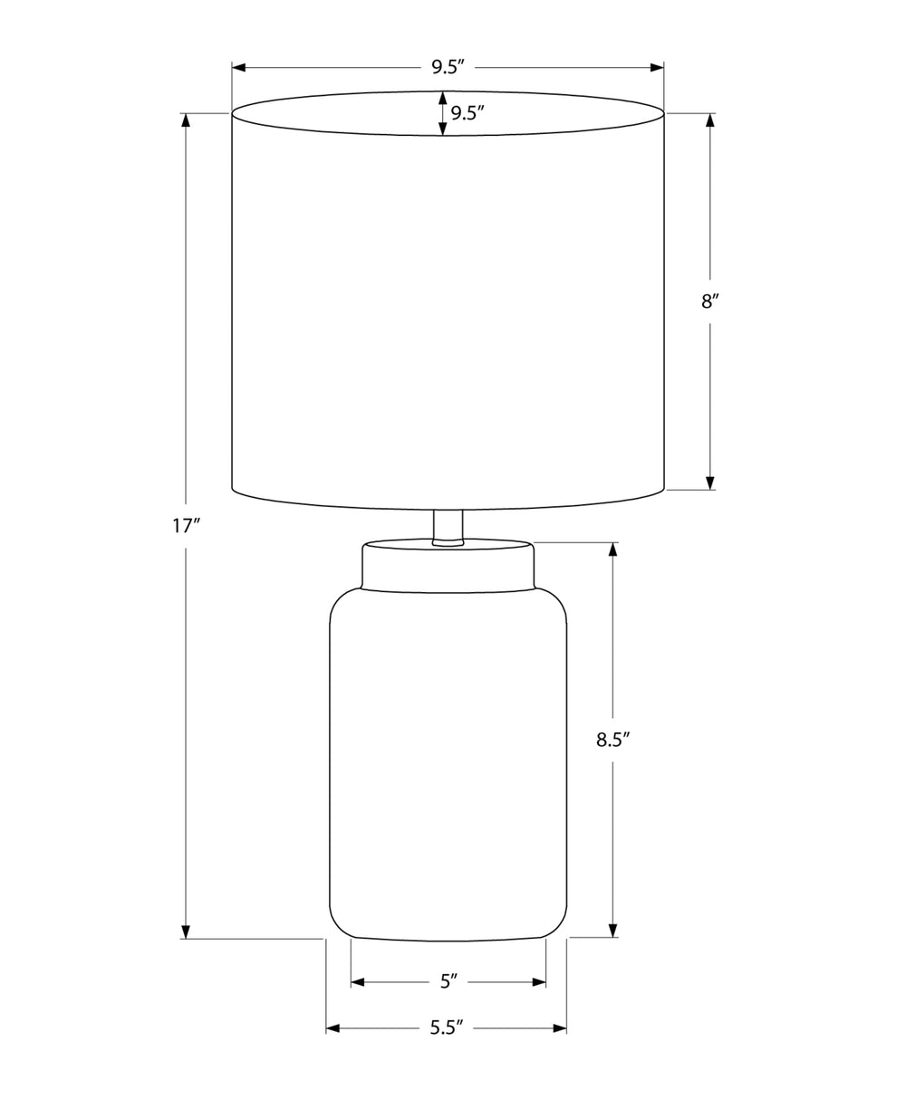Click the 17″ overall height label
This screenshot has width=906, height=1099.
(187, 525)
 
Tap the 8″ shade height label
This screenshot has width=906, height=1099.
(710, 301)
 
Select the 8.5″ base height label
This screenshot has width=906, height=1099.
(613, 740)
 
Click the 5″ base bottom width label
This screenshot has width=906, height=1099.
(448, 981)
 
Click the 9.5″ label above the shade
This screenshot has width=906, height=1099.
(448, 67)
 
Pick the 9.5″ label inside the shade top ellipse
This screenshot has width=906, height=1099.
(467, 113)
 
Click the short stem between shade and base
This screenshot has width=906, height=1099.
(448, 528)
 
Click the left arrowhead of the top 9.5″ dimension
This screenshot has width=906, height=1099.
(238, 67)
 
